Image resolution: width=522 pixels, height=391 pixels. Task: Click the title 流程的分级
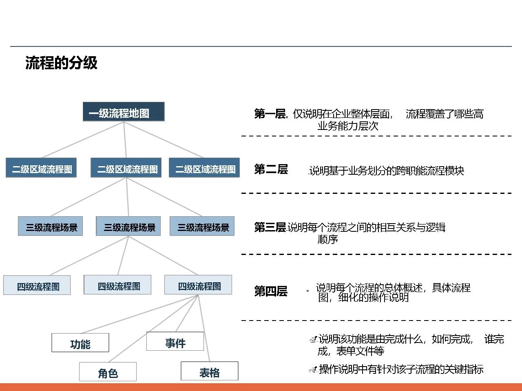61,63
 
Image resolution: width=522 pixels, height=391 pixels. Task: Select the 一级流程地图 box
124,112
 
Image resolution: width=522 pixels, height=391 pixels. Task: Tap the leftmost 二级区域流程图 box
41,168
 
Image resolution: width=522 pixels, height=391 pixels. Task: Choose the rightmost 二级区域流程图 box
204,168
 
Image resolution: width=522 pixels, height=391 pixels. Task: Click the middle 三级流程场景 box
128,226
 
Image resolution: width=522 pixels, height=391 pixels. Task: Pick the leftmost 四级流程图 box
37,286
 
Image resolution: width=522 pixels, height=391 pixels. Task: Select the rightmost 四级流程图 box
198,285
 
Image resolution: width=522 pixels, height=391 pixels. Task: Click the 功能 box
80,343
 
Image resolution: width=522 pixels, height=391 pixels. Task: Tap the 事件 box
175,342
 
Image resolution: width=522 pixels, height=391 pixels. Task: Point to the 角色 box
108,372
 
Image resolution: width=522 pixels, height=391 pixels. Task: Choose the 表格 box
209,371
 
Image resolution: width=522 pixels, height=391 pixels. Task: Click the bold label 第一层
270,114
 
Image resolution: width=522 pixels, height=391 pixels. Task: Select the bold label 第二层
271,169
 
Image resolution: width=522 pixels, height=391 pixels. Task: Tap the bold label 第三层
270,227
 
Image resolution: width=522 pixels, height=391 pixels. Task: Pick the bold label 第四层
271,291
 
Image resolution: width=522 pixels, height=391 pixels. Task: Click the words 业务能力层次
348,126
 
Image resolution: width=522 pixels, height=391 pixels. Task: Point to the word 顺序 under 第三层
327,239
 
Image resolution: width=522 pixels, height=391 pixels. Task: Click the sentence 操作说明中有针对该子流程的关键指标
401,369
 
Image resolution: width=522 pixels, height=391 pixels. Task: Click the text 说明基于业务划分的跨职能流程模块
386,171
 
